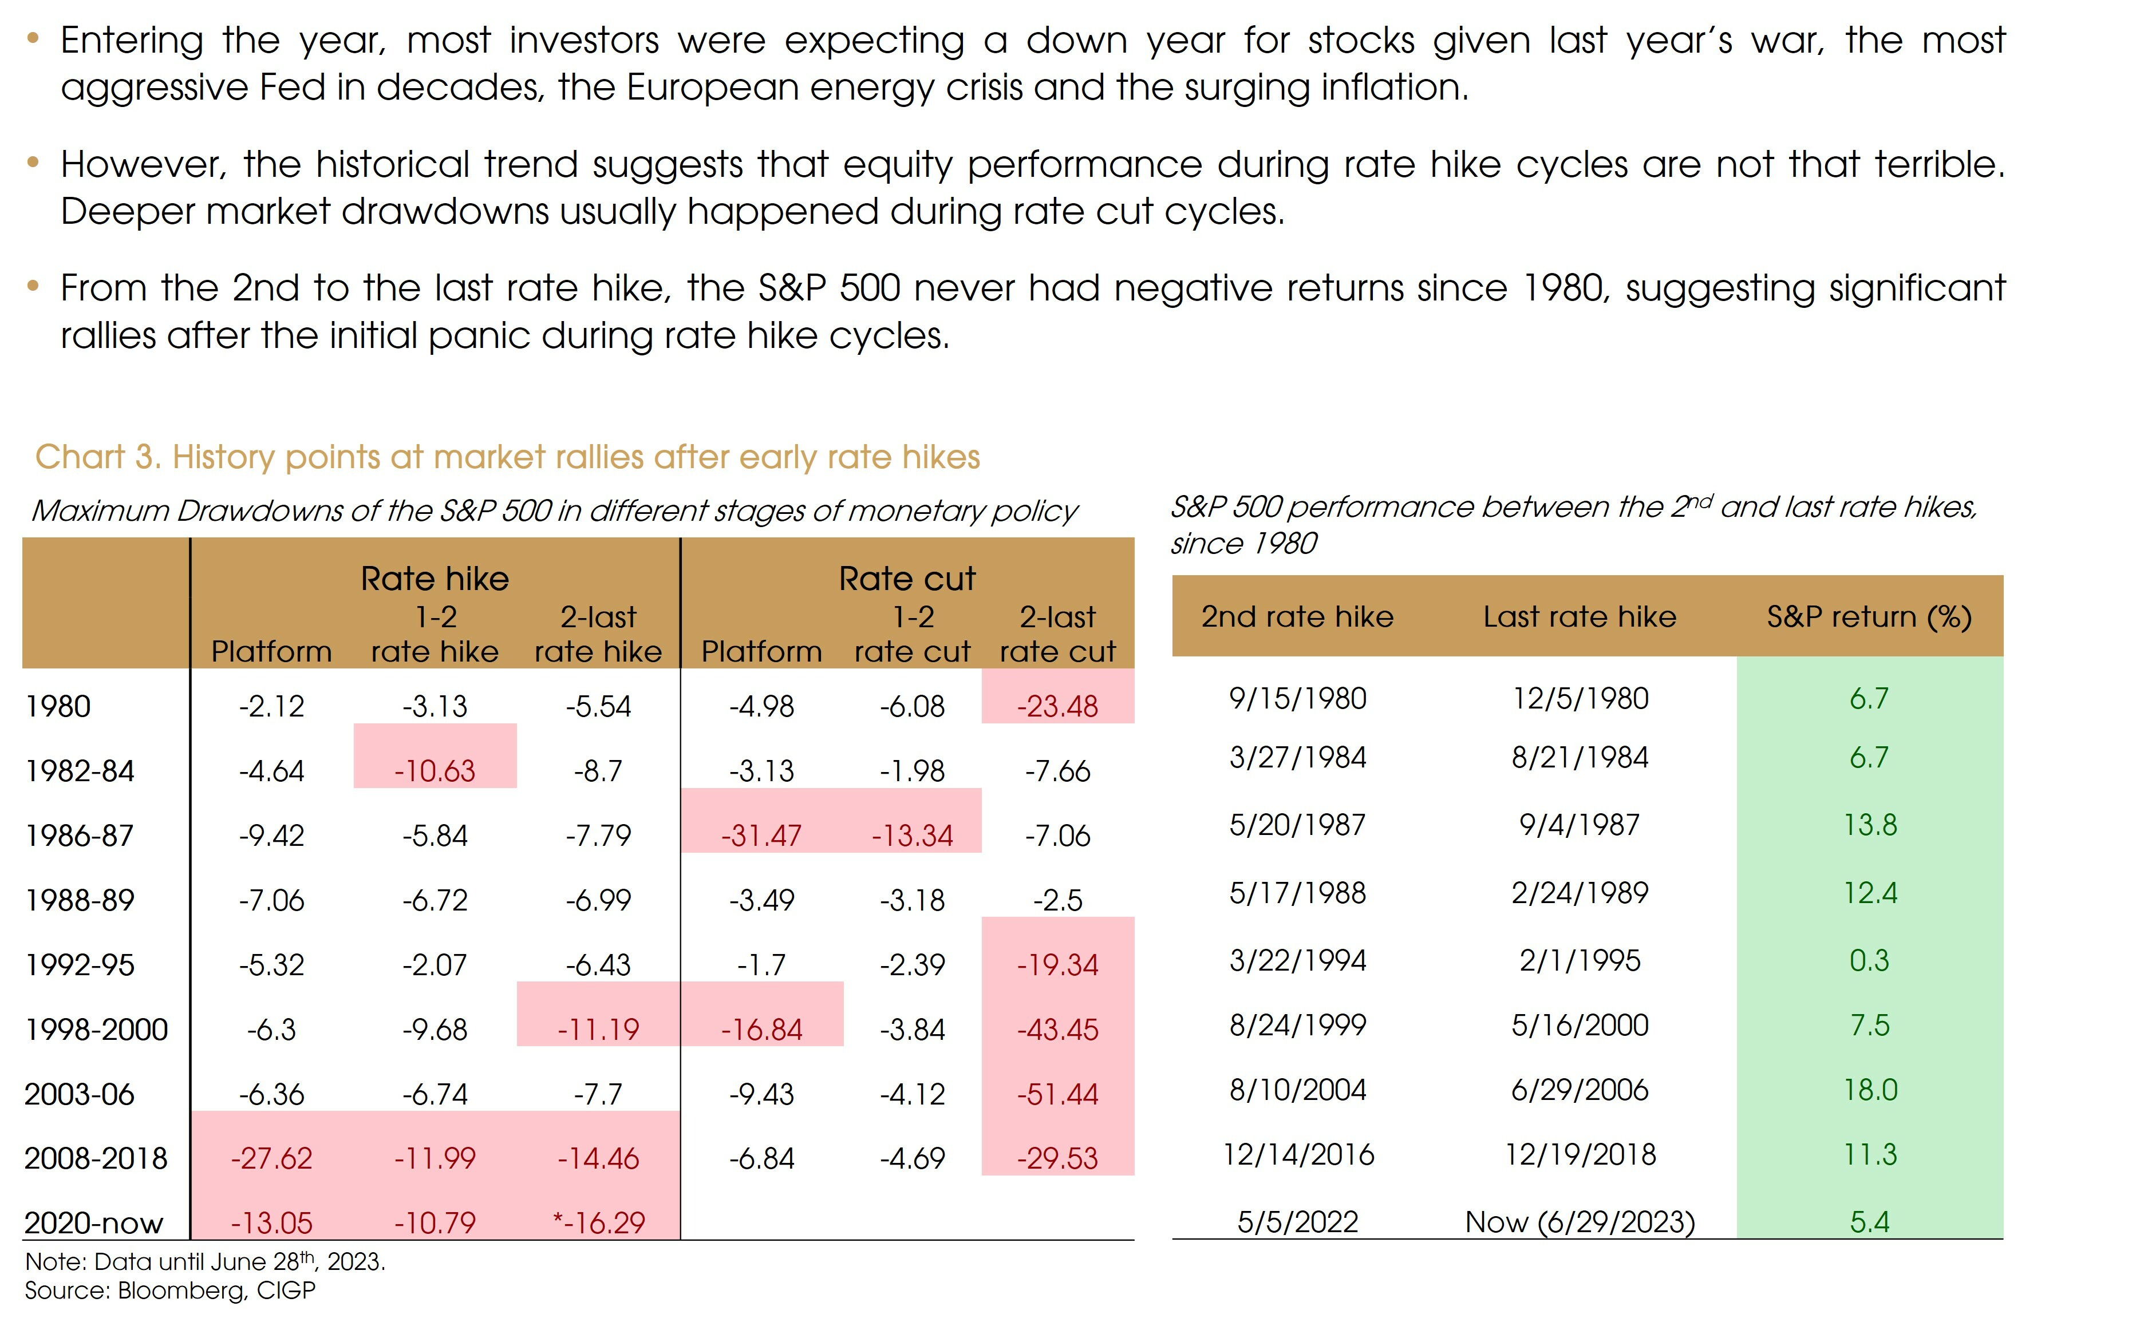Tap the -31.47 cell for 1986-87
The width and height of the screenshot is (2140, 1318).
click(760, 835)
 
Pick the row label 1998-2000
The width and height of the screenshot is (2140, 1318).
click(96, 1030)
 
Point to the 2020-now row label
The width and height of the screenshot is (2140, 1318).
click(93, 1223)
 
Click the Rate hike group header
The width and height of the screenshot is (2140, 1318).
click(435, 579)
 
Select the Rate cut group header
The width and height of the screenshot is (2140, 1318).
click(907, 579)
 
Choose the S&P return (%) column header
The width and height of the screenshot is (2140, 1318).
click(1869, 616)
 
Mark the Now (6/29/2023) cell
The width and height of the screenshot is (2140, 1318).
click(1580, 1222)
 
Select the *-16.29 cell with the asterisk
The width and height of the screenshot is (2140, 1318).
click(598, 1223)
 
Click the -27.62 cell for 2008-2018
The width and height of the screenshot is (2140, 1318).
click(271, 1158)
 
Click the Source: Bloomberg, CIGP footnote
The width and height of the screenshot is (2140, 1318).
click(170, 1290)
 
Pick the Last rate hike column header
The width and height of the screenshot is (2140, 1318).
click(1580, 616)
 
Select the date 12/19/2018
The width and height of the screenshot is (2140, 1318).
click(1580, 1155)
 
